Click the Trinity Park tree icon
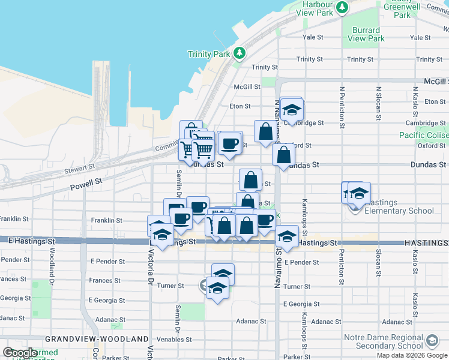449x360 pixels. pos(240,53)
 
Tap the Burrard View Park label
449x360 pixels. pos(366,34)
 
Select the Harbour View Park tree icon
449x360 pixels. pos(342,7)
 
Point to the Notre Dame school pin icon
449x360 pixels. pos(431,341)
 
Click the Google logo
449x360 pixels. pos(20,353)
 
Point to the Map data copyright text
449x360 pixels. pos(412,355)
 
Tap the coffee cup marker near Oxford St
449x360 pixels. pos(230,143)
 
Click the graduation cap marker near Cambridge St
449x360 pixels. pos(292,110)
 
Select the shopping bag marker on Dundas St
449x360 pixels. pos(283,155)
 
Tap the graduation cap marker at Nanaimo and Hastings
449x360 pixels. pos(288,236)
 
